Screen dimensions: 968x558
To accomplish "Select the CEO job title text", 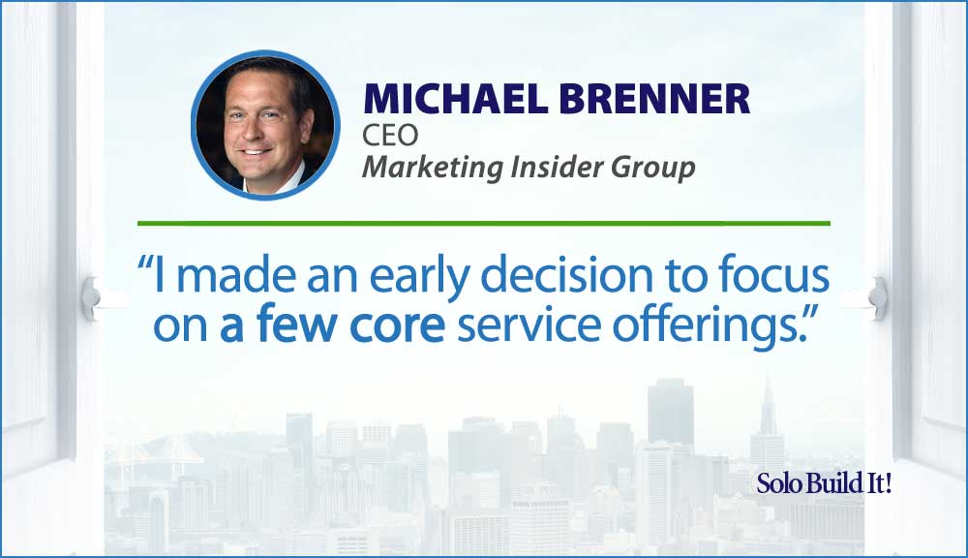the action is coord(390,135).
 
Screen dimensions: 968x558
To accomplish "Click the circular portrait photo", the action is coord(265,125).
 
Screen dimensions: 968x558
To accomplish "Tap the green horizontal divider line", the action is coord(483,223).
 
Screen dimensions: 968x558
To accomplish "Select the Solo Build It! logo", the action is coord(824,482).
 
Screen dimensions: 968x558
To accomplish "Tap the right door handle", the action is coord(877,298).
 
